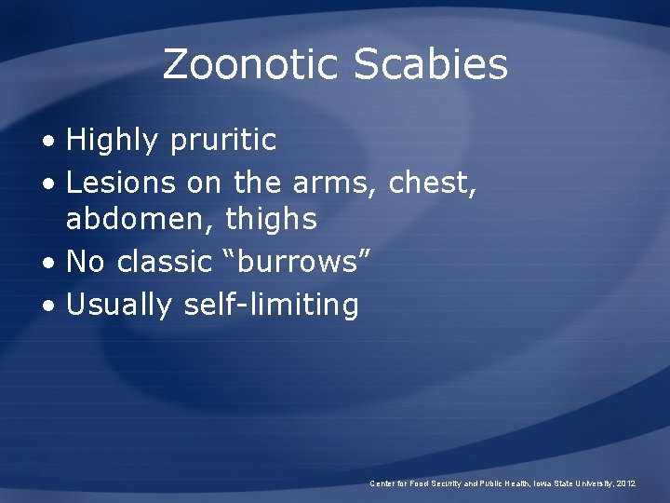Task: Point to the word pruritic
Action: click(223, 141)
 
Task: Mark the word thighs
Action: click(272, 220)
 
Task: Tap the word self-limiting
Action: click(272, 304)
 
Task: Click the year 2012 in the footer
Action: click(624, 483)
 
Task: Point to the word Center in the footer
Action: click(382, 483)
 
